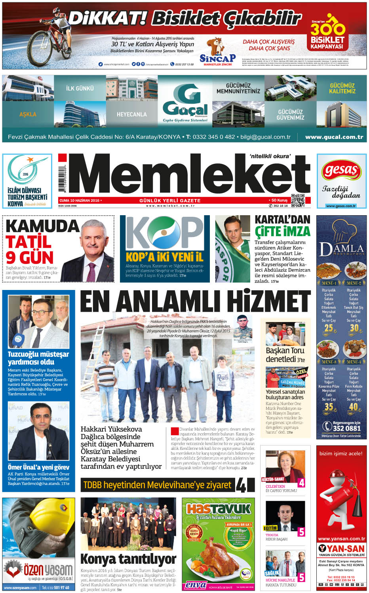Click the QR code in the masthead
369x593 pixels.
click(x=298, y=201)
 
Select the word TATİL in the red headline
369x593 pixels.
click(x=29, y=242)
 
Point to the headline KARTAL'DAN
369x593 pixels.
click(x=282, y=220)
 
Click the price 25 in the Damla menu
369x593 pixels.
click(x=329, y=328)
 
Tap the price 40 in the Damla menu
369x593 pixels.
click(x=353, y=406)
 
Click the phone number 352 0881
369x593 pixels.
click(x=346, y=428)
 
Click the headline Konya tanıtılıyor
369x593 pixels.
click(x=128, y=559)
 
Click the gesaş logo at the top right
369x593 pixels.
click(x=341, y=171)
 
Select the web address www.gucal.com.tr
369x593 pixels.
click(x=334, y=137)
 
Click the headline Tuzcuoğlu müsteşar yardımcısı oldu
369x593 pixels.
click(x=38, y=358)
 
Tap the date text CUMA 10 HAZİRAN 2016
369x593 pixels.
click(x=79, y=201)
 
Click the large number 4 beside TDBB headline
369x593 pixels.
click(x=241, y=485)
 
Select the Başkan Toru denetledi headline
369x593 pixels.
click(x=285, y=355)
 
